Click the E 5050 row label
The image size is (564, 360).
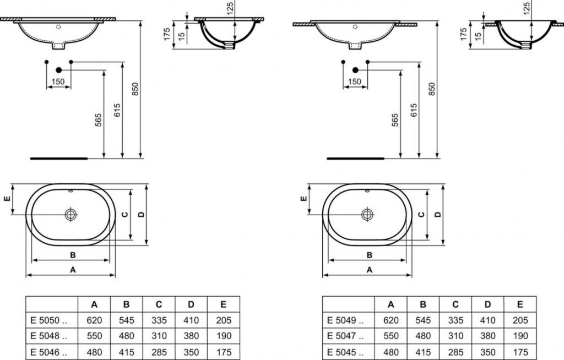[48, 320]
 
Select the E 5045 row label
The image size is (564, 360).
[345, 352]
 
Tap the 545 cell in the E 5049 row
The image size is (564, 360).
[423, 320]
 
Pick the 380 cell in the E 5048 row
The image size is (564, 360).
[191, 336]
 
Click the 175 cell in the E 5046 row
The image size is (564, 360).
[224, 352]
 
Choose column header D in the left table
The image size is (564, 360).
[191, 304]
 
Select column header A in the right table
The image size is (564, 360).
[391, 304]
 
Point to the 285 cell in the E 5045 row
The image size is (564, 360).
[455, 352]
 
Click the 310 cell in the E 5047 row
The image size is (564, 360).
[455, 336]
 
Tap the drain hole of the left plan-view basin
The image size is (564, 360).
[71, 215]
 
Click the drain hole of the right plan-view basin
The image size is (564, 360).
[367, 215]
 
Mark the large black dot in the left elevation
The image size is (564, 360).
[58, 70]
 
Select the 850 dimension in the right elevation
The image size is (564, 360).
[432, 89]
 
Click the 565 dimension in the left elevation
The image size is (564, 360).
[98, 120]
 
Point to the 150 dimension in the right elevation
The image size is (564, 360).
[355, 81]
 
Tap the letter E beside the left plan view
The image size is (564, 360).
[7, 198]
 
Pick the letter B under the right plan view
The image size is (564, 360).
[370, 255]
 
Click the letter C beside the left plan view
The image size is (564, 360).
[124, 215]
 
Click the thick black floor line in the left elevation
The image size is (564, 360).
[58, 158]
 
